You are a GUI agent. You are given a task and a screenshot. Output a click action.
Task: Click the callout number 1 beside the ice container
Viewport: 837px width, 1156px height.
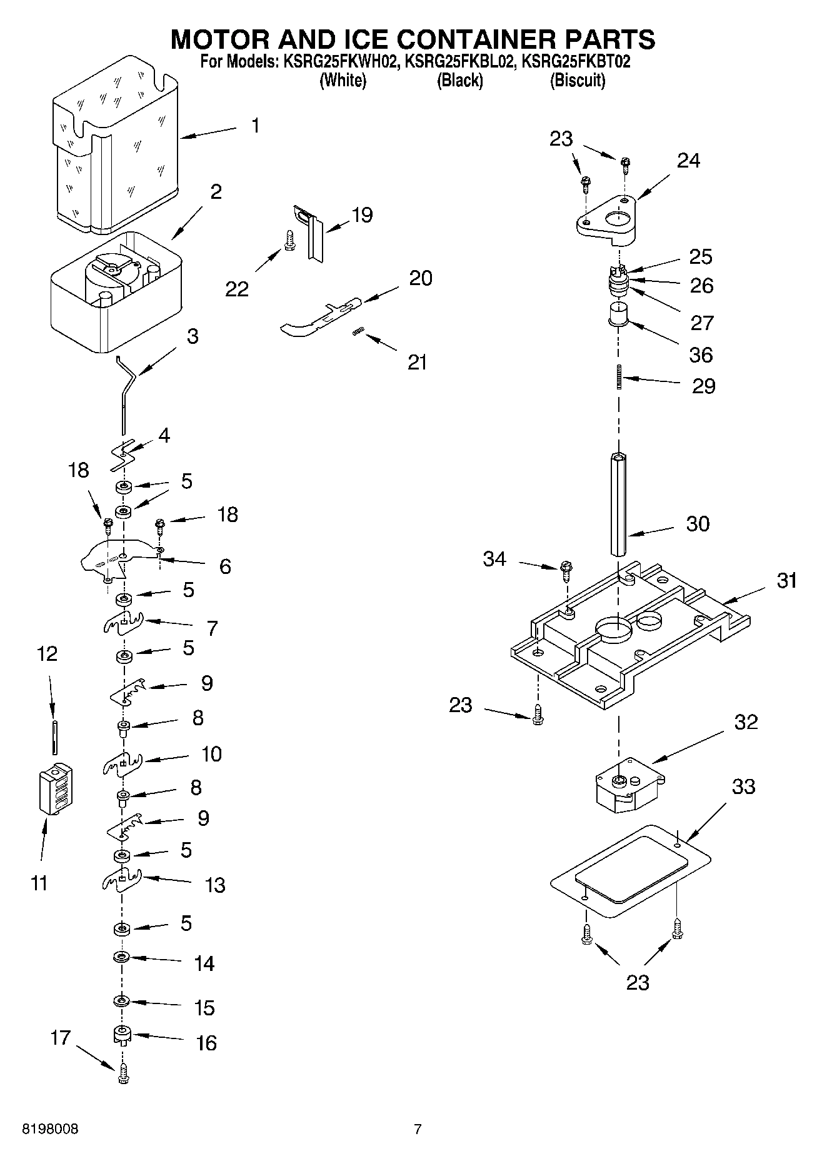click(x=255, y=126)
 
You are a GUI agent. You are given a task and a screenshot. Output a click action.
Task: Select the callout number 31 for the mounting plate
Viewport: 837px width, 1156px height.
click(x=787, y=581)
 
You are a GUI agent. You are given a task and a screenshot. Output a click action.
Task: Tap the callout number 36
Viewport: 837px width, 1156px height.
click(x=701, y=354)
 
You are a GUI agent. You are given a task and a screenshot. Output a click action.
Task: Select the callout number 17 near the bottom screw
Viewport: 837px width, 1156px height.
click(x=61, y=1038)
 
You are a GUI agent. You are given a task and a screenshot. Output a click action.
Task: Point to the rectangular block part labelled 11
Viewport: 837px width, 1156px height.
click(x=55, y=789)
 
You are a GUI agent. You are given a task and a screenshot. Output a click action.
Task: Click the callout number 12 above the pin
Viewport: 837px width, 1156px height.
click(x=47, y=654)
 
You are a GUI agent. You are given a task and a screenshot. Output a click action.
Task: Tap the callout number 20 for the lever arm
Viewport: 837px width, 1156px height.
click(x=421, y=278)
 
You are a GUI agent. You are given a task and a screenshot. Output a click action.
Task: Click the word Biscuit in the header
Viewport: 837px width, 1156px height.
click(x=578, y=81)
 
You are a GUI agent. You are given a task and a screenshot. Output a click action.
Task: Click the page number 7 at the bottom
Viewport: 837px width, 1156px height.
click(x=418, y=1129)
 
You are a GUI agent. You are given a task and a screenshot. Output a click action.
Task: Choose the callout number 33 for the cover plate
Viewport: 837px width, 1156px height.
click(x=743, y=787)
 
